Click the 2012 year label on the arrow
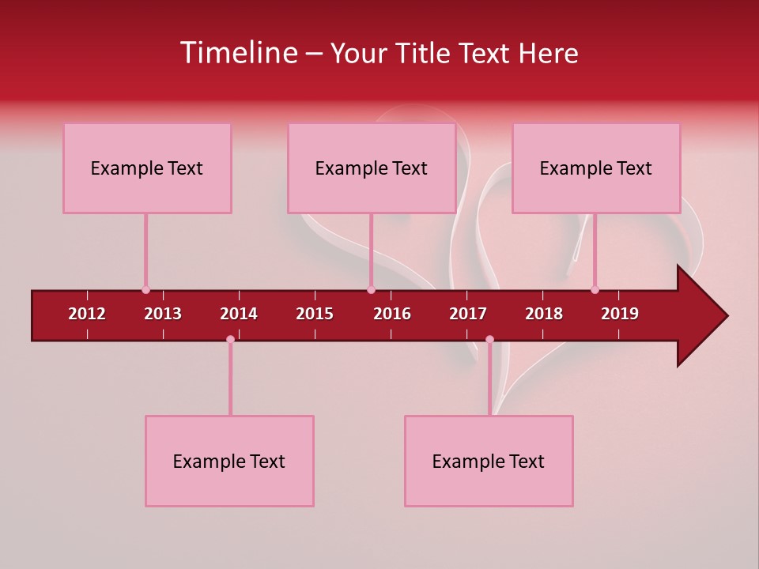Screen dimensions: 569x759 pyautogui.click(x=87, y=314)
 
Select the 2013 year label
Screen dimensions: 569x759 pyautogui.click(x=163, y=314)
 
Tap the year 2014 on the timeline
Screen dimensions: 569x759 pyautogui.click(x=239, y=314)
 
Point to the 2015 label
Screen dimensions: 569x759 pyautogui.click(x=315, y=314)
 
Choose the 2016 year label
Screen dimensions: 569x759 pyautogui.click(x=392, y=314)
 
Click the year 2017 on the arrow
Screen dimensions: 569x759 pyautogui.click(x=468, y=314)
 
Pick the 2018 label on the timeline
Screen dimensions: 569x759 pyautogui.click(x=544, y=314)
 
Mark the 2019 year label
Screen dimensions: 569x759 pyautogui.click(x=620, y=314)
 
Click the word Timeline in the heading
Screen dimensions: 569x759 pyautogui.click(x=236, y=53)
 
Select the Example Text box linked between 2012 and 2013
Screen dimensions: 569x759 pyautogui.click(x=147, y=168)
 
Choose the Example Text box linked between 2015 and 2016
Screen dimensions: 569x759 pyautogui.click(x=372, y=168)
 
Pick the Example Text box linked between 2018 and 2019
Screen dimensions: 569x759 pyautogui.click(x=596, y=168)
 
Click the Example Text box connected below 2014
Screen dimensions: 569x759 pyautogui.click(x=229, y=461)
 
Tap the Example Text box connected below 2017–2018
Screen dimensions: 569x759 pyautogui.click(x=489, y=461)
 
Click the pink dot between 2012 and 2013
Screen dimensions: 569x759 pyautogui.click(x=145, y=290)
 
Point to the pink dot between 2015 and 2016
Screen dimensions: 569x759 pyautogui.click(x=371, y=290)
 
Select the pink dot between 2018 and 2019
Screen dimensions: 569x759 pyautogui.click(x=595, y=290)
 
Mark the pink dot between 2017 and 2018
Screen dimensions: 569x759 pyautogui.click(x=489, y=340)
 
